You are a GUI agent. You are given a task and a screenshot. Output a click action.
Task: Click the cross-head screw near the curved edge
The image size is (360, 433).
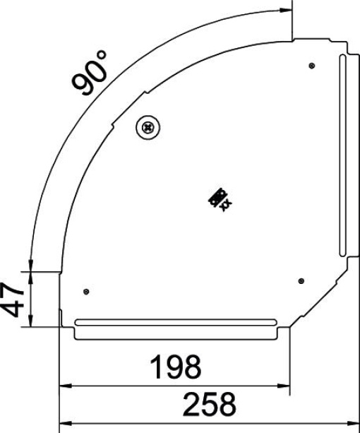tap(148, 127)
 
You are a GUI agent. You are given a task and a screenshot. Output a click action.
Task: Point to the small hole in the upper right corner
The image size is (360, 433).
tap(312, 66)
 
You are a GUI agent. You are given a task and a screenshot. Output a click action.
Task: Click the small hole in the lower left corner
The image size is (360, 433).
tap(86, 292)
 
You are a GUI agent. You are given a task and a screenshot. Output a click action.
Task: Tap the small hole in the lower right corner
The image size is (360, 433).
tap(301, 280)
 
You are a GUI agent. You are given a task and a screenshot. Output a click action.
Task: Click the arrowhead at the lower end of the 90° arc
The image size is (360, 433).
tap(29, 262)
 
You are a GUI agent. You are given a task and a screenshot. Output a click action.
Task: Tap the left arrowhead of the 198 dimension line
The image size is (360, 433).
tap(64, 386)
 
